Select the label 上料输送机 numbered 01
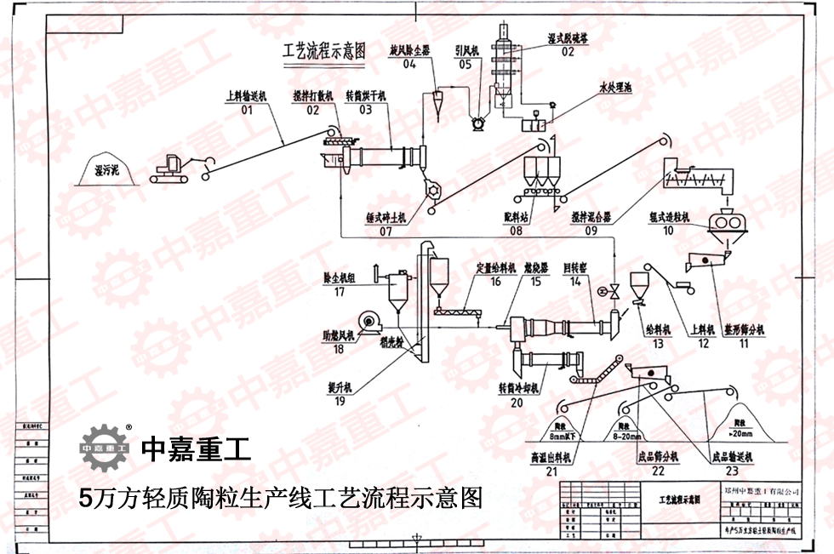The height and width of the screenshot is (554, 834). pyautogui.click(x=246, y=96)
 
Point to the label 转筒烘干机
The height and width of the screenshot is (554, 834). pyautogui.click(x=366, y=96)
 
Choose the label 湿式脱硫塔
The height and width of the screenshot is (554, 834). pyautogui.click(x=568, y=39)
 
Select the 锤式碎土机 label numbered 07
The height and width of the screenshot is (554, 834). pyautogui.click(x=386, y=218)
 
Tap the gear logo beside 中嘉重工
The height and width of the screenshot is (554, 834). pyautogui.click(x=104, y=446)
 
